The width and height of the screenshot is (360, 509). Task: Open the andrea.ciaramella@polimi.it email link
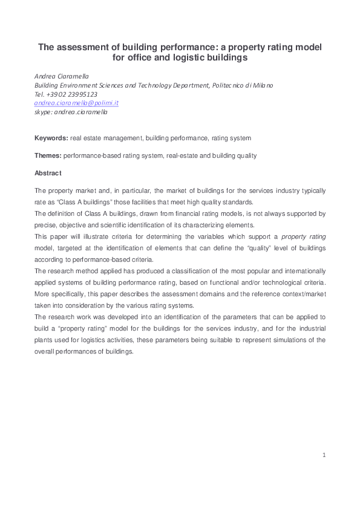[76, 103]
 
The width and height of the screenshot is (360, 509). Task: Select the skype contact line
[71, 112]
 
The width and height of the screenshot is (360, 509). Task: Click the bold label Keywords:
[51, 138]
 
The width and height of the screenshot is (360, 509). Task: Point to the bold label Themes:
[48, 155]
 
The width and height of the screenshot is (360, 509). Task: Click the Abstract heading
[48, 173]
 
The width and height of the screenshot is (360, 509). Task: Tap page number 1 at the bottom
[324, 455]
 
